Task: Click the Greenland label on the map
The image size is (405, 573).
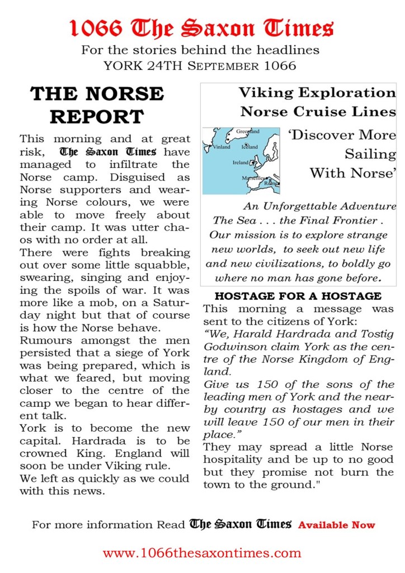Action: pyautogui.click(x=248, y=131)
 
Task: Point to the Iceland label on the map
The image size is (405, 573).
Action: pyautogui.click(x=249, y=147)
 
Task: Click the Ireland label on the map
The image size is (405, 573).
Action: pyautogui.click(x=241, y=162)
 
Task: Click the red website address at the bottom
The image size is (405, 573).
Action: pyautogui.click(x=202, y=553)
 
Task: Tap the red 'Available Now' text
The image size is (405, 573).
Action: pyautogui.click(x=337, y=525)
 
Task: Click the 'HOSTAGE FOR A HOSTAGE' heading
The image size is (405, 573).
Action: pyautogui.click(x=298, y=296)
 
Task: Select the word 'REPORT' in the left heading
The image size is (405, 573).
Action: pyautogui.click(x=96, y=116)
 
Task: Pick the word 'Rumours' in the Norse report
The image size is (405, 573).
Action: pyautogui.click(x=45, y=340)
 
